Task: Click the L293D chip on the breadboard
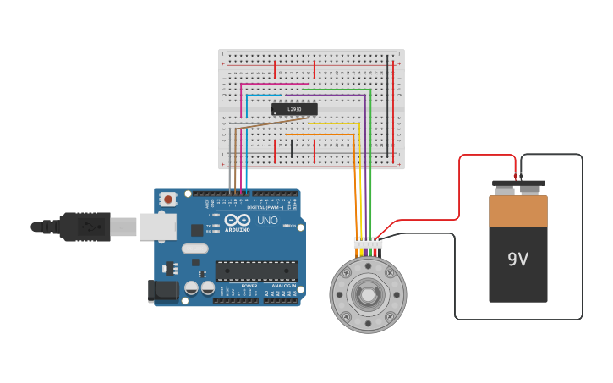[x=294, y=109]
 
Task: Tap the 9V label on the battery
[x=517, y=260]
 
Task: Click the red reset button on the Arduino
[x=169, y=200]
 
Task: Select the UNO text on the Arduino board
[x=267, y=221]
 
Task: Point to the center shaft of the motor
[x=368, y=295]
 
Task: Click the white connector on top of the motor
[x=368, y=243]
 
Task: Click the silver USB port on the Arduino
[x=157, y=226]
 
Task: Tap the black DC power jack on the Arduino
[x=163, y=290]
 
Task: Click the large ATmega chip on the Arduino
[x=256, y=271]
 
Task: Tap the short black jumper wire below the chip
[x=292, y=149]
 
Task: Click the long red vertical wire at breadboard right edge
[x=394, y=110]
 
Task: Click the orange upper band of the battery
[x=517, y=211]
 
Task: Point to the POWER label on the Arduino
[x=249, y=286]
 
